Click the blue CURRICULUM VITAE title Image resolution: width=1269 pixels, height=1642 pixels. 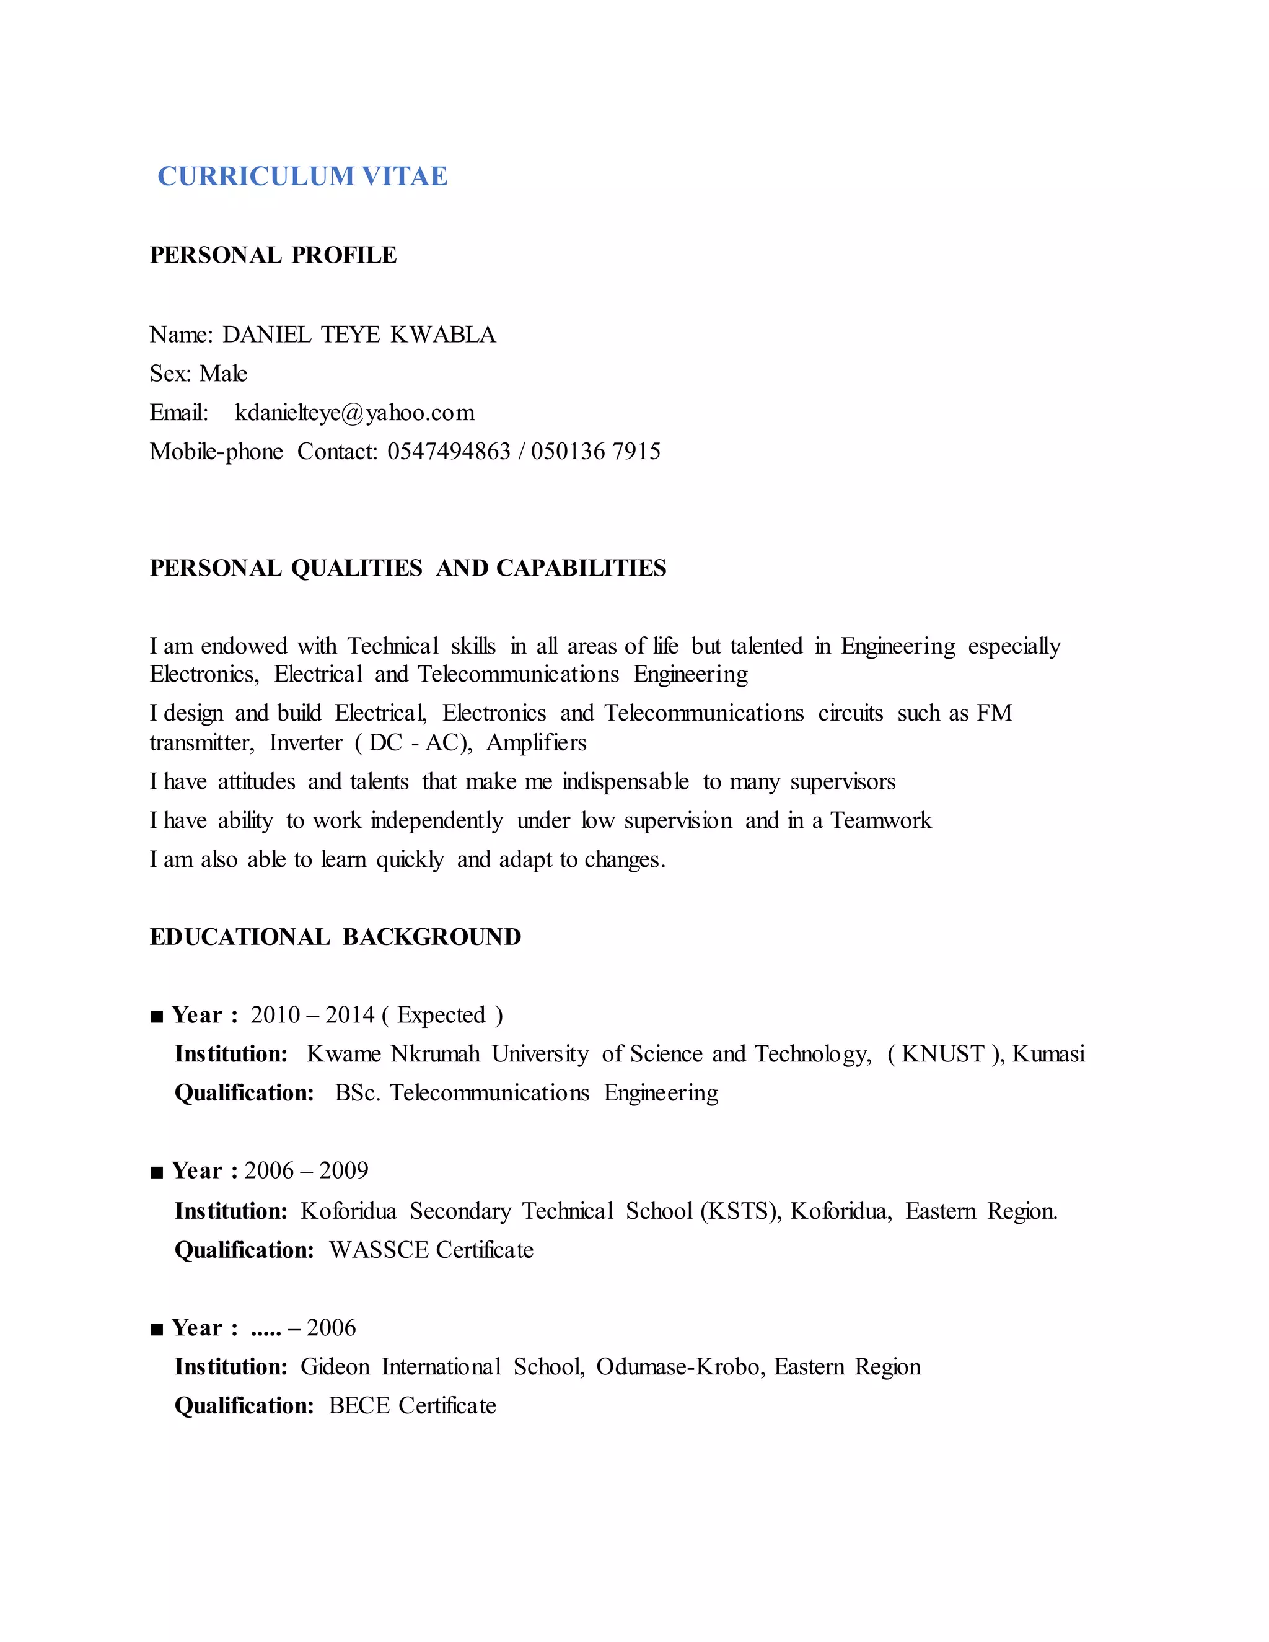tap(302, 177)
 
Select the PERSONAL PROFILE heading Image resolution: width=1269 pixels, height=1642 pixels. tap(273, 256)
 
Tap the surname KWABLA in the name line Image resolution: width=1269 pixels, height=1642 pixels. tap(443, 335)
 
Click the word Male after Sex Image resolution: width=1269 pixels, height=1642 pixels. tap(223, 374)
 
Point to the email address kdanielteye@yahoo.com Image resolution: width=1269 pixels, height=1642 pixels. tap(355, 413)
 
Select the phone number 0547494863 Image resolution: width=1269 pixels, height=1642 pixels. tap(449, 451)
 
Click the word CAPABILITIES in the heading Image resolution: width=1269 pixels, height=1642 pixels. tap(581, 568)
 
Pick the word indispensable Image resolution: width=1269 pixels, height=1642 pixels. tap(625, 782)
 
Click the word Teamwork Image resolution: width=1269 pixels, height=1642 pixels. tap(880, 820)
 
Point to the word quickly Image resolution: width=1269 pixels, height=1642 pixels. tap(410, 859)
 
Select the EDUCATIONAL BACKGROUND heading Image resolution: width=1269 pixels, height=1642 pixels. tap(335, 937)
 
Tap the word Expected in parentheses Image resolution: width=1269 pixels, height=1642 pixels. tap(441, 1015)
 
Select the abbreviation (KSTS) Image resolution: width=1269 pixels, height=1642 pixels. tap(740, 1211)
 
